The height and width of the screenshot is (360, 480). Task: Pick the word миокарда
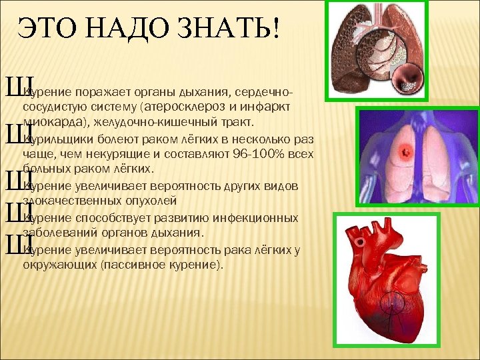point(56,123)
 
